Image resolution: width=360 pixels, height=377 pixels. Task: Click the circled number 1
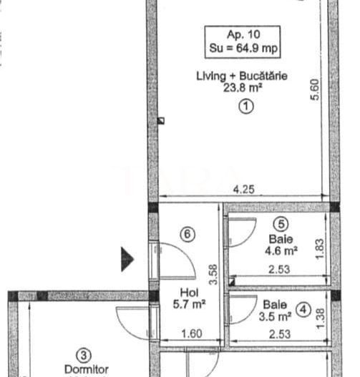245,107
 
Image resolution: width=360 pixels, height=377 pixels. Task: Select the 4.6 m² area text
283,250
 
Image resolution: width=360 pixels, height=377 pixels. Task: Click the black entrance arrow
127,259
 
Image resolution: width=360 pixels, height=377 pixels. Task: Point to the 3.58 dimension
212,274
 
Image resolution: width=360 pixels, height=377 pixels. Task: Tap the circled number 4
304,310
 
